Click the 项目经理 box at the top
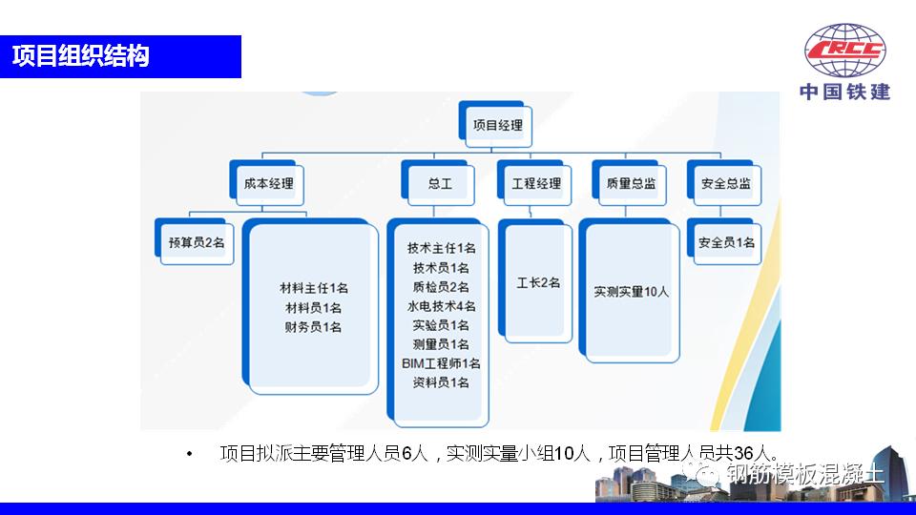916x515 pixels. pos(497,124)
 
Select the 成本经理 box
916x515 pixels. pos(268,183)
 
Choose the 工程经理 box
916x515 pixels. pos(536,183)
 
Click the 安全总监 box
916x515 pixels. pos(725,183)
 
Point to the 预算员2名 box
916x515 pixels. pos(197,243)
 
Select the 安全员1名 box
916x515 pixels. pos(727,243)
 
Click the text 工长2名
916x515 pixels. pos(538,283)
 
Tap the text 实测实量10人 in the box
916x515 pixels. pos(632,292)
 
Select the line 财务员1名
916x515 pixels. pos(313,327)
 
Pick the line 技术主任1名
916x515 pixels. pos(441,248)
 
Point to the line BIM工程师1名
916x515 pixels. pos(441,363)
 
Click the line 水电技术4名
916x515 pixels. pos(441,306)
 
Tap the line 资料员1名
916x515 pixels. pos(441,382)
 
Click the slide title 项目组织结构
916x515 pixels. pos(81,56)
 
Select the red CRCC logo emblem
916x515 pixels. pos(844,52)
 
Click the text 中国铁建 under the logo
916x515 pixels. pos(844,93)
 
